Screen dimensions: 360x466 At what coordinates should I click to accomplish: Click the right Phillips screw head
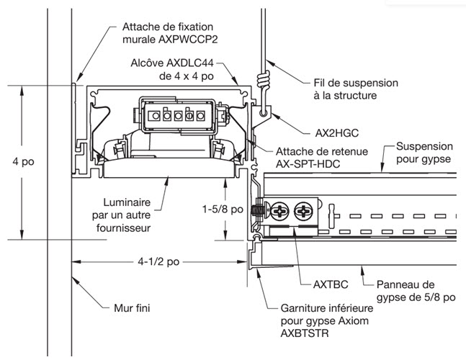click(x=304, y=211)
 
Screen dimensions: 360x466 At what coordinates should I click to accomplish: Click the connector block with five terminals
click(x=174, y=114)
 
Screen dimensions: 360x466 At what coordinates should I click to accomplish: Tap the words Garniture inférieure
click(x=328, y=308)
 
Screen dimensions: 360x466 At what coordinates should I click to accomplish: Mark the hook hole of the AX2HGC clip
click(x=262, y=113)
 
